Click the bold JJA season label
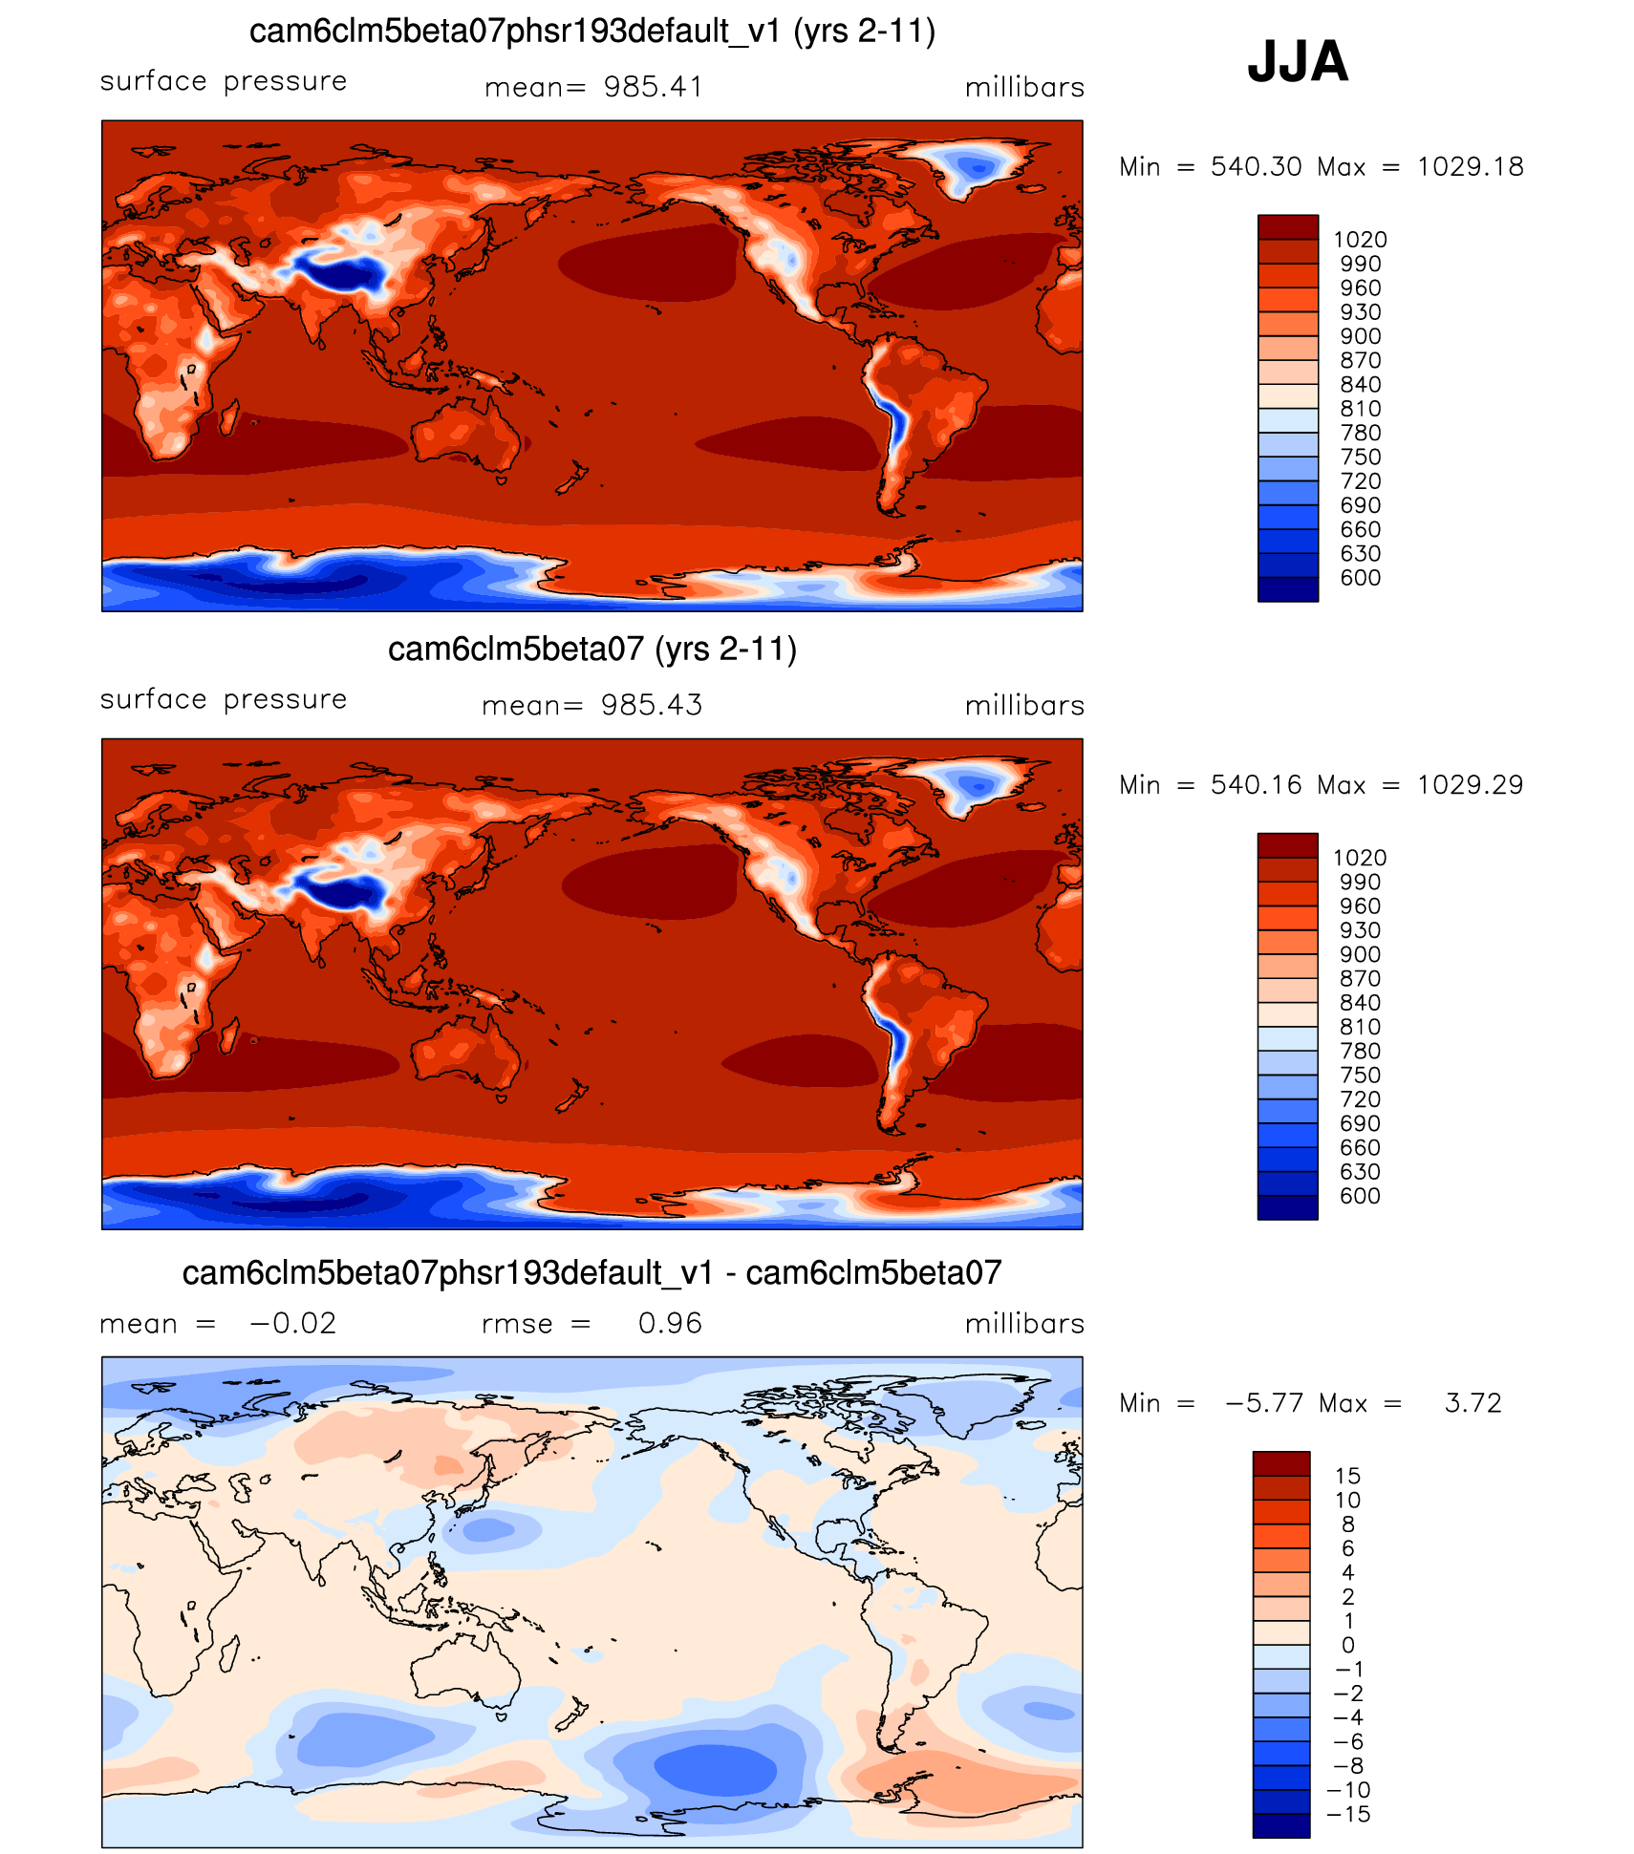coord(1297,61)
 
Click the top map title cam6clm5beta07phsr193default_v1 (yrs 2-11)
coord(591,32)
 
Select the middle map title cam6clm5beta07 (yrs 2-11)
coord(591,650)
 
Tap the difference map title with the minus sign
coord(591,1273)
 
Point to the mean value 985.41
coord(653,87)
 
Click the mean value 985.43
coord(651,705)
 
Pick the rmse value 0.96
coord(670,1323)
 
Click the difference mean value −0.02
coord(292,1323)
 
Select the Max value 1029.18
coord(1470,167)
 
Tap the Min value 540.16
coord(1256,785)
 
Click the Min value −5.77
coord(1264,1403)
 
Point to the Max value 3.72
coord(1473,1403)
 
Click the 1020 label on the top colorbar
coord(1360,240)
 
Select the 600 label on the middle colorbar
coord(1360,1196)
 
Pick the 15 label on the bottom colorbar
coord(1347,1476)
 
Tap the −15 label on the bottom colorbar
coord(1348,1814)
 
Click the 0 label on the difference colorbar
coord(1347,1645)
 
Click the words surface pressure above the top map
coord(224,81)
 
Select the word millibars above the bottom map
coord(1024,1323)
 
